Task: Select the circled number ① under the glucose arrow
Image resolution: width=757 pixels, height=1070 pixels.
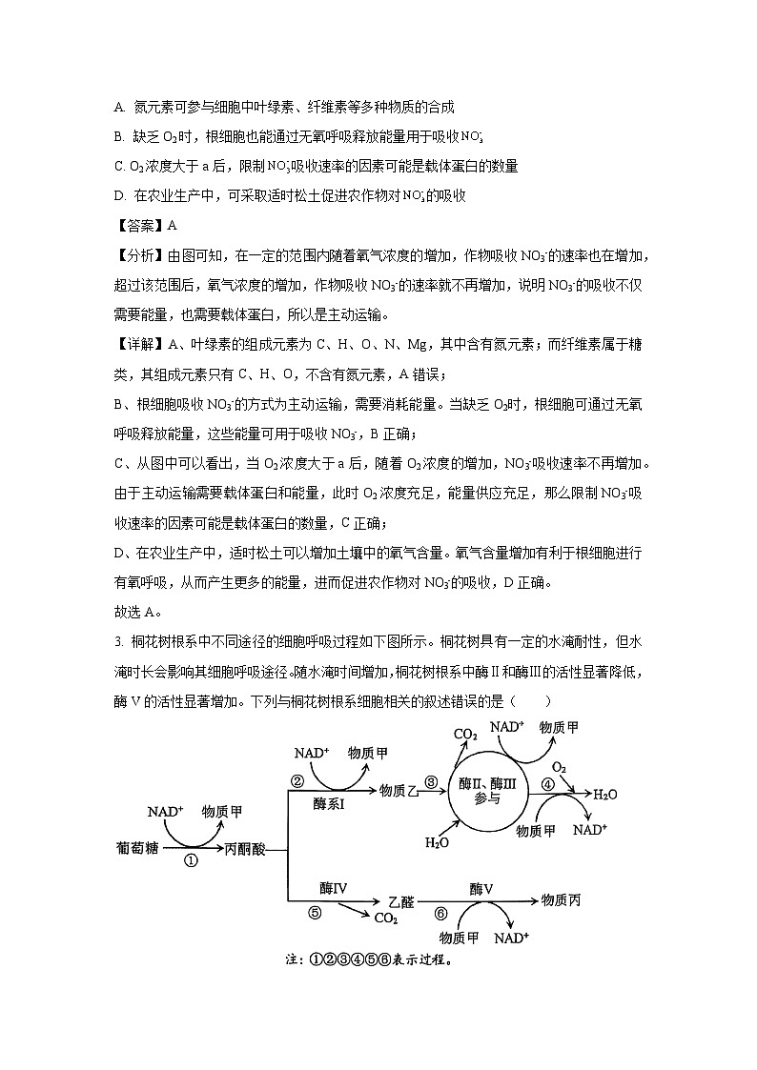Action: pos(190,860)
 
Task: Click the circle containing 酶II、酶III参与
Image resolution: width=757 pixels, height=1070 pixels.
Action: pos(485,790)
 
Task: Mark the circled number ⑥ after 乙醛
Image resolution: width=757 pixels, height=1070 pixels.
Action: pos(440,912)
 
